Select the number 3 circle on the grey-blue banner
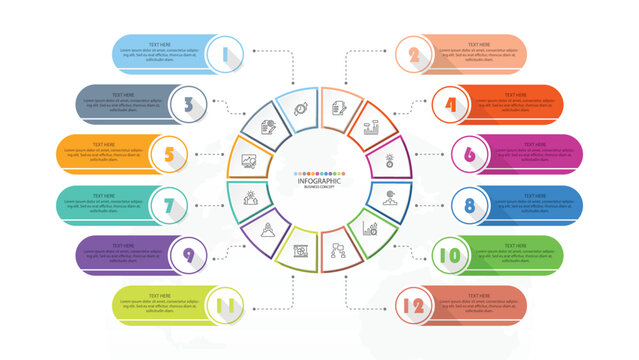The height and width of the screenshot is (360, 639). coord(188,103)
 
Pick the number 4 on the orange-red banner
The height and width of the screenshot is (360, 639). coord(451,104)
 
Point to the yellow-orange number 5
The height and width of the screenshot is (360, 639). coord(170,154)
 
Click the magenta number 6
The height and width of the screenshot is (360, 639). coord(468,154)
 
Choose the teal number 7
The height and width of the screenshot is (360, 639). coord(170,206)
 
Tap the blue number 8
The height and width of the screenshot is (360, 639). coord(468,205)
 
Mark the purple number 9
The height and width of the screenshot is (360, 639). coord(188,256)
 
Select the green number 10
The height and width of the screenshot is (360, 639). coord(451,256)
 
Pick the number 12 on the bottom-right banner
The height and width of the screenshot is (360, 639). coord(411,305)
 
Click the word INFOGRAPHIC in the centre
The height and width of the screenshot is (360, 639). coord(319,180)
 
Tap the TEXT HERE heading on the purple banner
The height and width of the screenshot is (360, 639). coord(124,245)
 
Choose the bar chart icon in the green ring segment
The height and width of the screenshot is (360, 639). coord(369,228)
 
